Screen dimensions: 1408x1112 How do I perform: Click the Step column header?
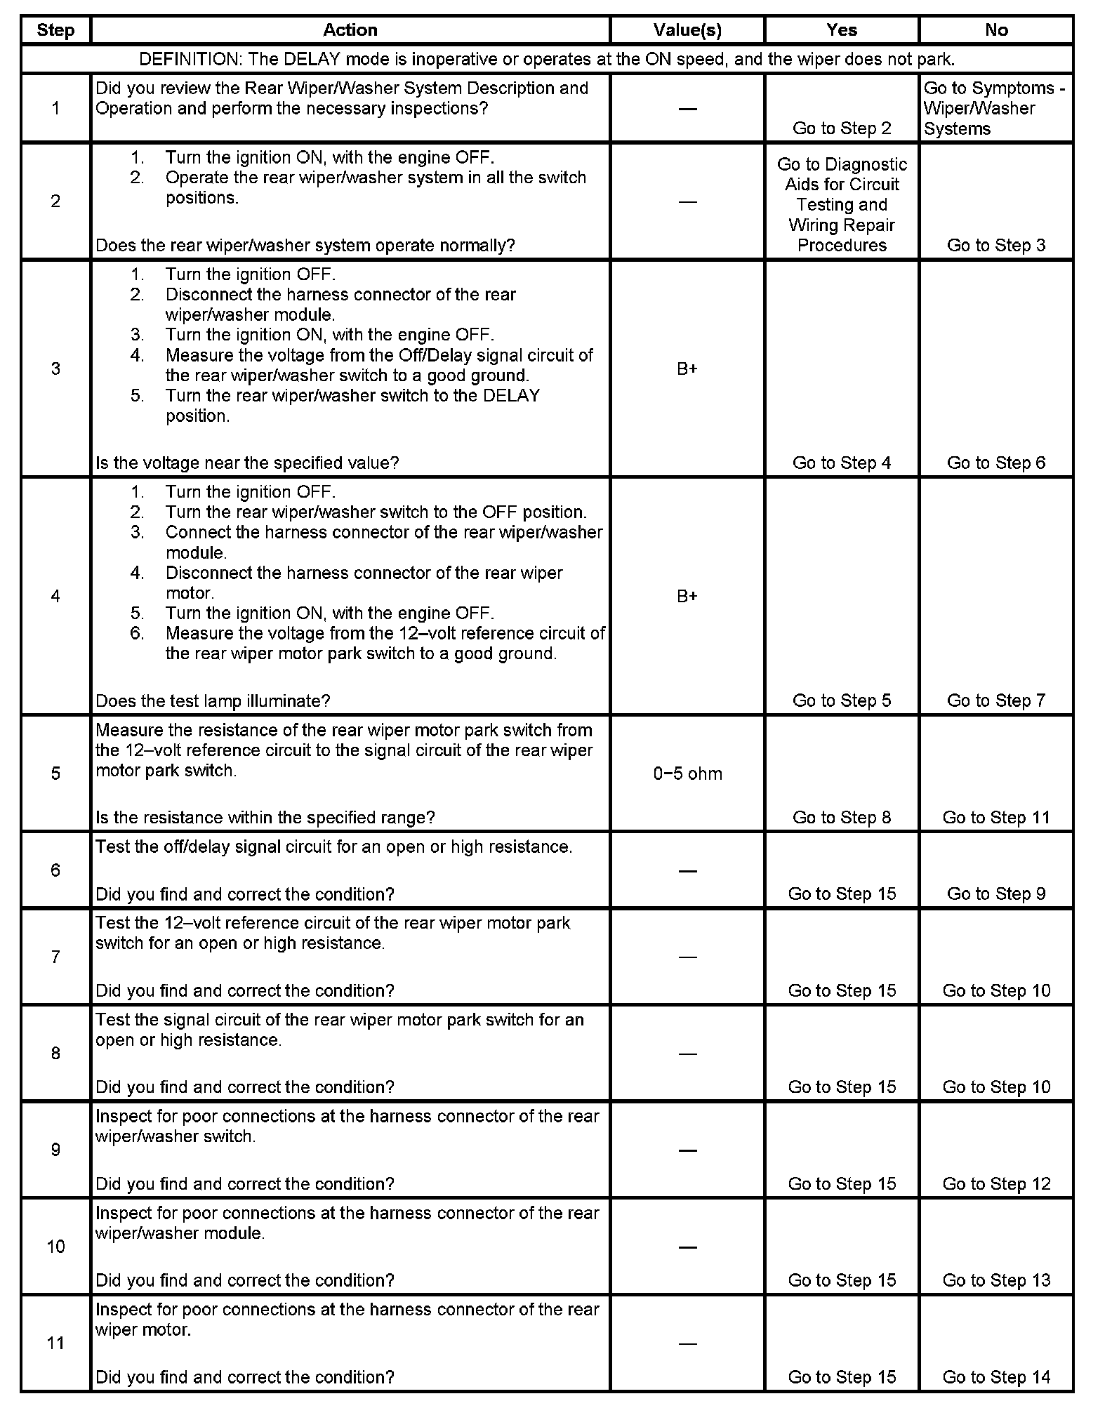pyautogui.click(x=55, y=30)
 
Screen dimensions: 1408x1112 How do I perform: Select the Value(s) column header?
pyautogui.click(x=687, y=30)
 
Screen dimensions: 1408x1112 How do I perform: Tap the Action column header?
pyautogui.click(x=350, y=30)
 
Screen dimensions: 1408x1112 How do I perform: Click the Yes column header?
pyautogui.click(x=841, y=30)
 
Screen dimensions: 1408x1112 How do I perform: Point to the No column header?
pyautogui.click(x=996, y=30)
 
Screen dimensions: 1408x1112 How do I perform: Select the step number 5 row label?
pyautogui.click(x=55, y=773)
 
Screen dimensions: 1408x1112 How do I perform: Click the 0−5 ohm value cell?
pyautogui.click(x=687, y=773)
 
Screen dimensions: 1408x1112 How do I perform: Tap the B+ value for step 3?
pyautogui.click(x=687, y=368)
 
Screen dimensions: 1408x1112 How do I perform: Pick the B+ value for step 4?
pyautogui.click(x=687, y=596)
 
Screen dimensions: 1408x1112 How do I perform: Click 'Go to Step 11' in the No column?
pyautogui.click(x=996, y=818)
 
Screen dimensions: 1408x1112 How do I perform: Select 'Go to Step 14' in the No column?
pyautogui.click(x=996, y=1377)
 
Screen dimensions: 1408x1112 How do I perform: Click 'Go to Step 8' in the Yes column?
pyautogui.click(x=841, y=818)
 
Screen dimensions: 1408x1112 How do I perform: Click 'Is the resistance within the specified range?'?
pyautogui.click(x=265, y=818)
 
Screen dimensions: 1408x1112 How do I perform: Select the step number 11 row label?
pyautogui.click(x=55, y=1343)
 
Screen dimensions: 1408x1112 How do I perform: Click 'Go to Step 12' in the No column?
pyautogui.click(x=996, y=1184)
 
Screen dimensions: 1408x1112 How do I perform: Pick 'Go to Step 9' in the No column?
pyautogui.click(x=996, y=894)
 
